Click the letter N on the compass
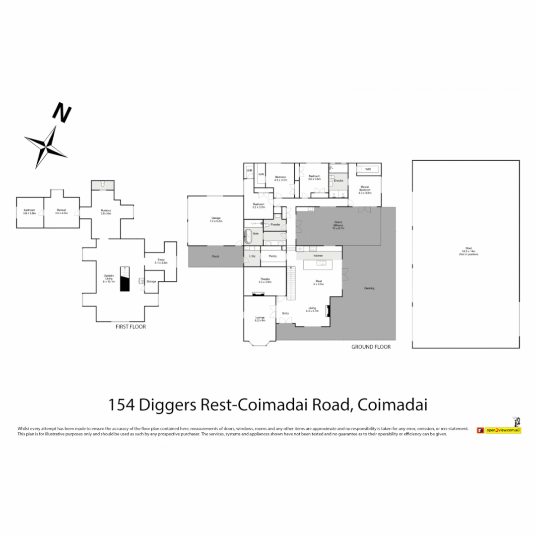point(62,113)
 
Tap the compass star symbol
point(47,146)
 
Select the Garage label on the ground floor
point(215,218)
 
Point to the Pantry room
point(272,256)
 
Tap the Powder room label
point(275,225)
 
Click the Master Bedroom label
point(365,190)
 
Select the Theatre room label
point(265,280)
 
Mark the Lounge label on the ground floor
point(260,319)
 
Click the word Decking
point(369,288)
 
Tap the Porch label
point(215,256)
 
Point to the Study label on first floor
point(161,261)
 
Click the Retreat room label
point(62,211)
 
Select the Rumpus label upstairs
point(106,211)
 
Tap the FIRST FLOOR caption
point(131,327)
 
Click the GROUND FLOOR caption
point(371,347)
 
